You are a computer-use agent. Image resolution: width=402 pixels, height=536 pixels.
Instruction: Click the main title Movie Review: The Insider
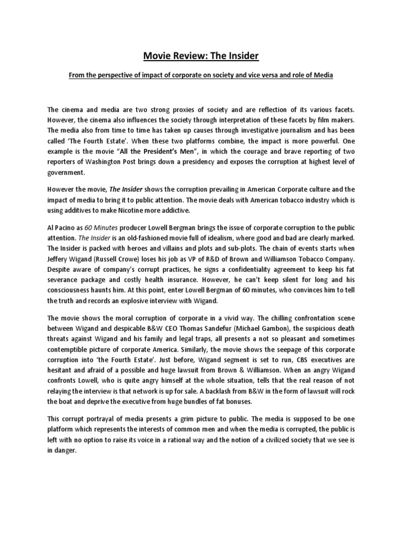200,56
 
